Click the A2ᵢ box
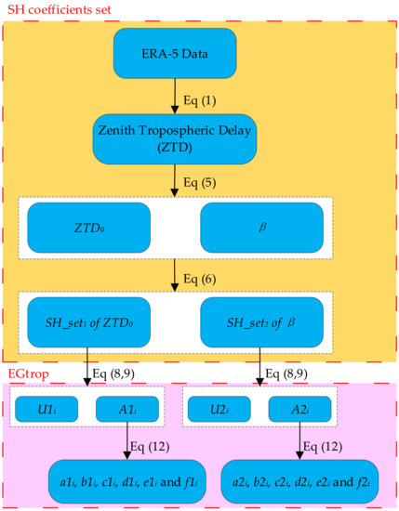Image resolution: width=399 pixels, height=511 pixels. click(299, 406)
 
